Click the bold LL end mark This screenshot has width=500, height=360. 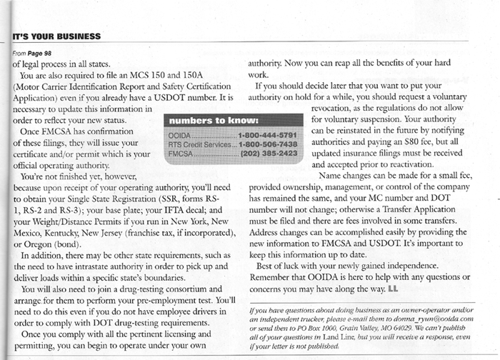[x=392, y=289]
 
